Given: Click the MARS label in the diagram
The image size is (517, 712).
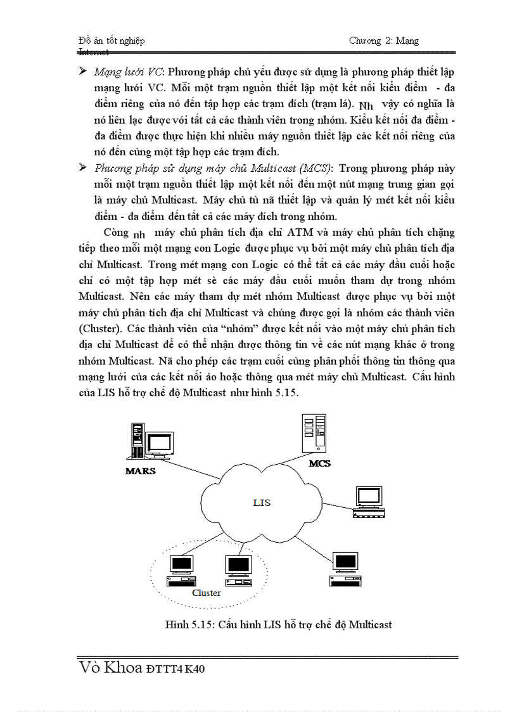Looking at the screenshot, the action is (x=141, y=471).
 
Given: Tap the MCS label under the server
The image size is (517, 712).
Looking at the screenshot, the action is (x=319, y=463).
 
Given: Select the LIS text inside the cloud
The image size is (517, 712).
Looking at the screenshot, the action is (x=261, y=503).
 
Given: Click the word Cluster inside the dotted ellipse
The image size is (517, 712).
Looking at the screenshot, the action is (x=207, y=593).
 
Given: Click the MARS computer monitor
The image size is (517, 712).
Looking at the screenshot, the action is (x=159, y=444).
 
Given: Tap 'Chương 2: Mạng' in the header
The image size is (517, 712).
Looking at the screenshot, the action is (x=384, y=41).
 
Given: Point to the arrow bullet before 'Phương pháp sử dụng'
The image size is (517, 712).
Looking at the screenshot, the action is (x=82, y=168).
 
